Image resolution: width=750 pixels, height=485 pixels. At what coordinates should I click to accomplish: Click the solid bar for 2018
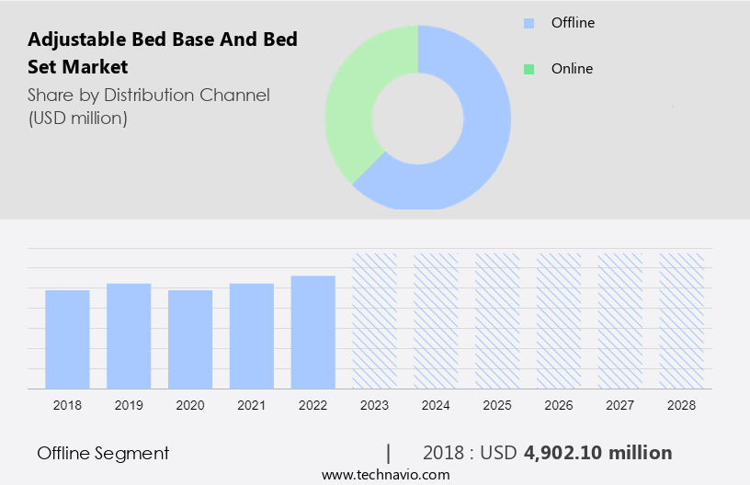[x=67, y=339]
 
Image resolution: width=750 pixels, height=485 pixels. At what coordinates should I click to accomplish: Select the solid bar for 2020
[x=190, y=339]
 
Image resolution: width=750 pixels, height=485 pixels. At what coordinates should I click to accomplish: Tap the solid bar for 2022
[x=313, y=332]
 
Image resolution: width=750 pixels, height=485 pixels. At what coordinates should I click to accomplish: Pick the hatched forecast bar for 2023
[x=375, y=321]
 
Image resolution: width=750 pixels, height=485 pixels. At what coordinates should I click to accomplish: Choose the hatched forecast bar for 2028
[x=682, y=321]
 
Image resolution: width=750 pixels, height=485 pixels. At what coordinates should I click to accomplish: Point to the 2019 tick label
[x=129, y=405]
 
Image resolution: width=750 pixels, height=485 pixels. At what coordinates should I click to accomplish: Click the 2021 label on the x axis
[x=252, y=405]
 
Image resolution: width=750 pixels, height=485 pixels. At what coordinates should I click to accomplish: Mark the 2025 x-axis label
[x=497, y=405]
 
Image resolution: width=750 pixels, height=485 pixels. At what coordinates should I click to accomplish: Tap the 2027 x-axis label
[x=620, y=405]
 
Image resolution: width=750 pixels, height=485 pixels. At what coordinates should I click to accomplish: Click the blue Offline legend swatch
[x=528, y=23]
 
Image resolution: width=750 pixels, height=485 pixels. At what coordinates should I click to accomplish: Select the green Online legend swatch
[x=528, y=69]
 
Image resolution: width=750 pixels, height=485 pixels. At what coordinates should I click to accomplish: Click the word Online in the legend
[x=572, y=69]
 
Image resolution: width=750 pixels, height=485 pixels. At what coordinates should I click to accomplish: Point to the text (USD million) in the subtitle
[x=77, y=118]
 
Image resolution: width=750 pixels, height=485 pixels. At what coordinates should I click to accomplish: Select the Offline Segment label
[x=103, y=453]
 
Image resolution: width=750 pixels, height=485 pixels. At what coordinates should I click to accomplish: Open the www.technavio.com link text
[x=386, y=475]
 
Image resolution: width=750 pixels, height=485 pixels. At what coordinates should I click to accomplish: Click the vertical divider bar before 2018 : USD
[x=389, y=453]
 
